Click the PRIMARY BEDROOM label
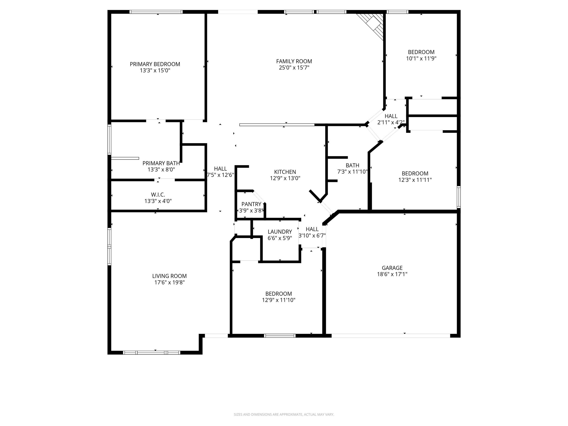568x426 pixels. click(x=155, y=64)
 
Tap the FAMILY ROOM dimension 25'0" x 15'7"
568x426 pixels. click(x=294, y=68)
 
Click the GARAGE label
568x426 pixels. click(x=392, y=268)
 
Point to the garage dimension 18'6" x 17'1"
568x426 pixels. click(x=392, y=274)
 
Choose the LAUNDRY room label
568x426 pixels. click(x=280, y=232)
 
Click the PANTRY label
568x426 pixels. click(x=251, y=204)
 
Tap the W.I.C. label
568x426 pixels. click(x=158, y=195)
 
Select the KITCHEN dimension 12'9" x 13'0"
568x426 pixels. click(x=285, y=178)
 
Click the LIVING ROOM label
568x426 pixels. click(x=169, y=276)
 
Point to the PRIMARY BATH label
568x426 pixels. click(x=161, y=163)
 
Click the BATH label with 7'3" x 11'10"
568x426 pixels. click(x=352, y=165)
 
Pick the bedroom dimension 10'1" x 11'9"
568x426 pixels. click(x=421, y=59)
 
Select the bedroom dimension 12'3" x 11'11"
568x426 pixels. click(x=415, y=180)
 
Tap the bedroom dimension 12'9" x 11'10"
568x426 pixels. click(x=278, y=300)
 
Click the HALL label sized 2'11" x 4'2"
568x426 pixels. click(x=391, y=116)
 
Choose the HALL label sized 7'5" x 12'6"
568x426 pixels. click(x=220, y=169)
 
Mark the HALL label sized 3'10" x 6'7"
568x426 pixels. click(x=312, y=229)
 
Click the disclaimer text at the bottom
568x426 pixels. click(x=284, y=415)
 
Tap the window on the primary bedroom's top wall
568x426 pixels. click(x=156, y=12)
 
